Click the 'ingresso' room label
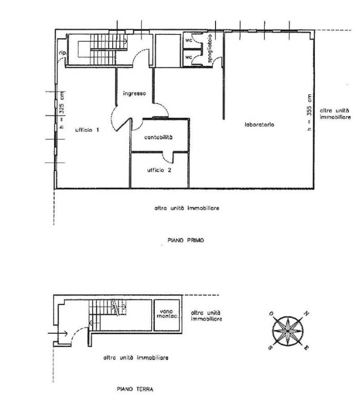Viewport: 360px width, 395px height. coord(135,94)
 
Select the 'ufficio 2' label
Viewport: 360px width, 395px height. coord(159,170)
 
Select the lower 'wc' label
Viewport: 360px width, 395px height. coord(188,57)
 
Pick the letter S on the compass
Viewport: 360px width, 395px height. coord(269,347)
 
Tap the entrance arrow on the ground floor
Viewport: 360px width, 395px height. coord(58,333)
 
